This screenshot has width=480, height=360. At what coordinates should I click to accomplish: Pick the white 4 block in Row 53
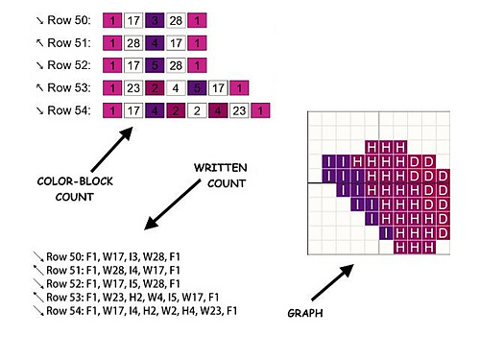pos(175,89)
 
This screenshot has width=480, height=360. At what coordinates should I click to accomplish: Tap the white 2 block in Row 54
pos(196,112)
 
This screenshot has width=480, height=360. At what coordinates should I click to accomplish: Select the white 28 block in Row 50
pos(177,20)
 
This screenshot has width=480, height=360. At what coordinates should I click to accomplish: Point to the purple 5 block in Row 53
pos(196,89)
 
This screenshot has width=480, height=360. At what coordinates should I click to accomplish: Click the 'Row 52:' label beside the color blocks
pos(63,66)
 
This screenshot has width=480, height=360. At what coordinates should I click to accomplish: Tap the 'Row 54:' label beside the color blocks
pos(63,112)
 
